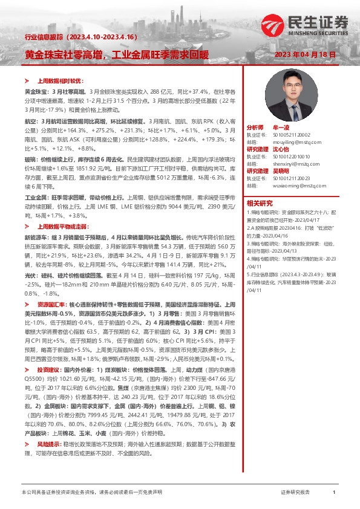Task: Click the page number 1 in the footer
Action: tap(334, 493)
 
